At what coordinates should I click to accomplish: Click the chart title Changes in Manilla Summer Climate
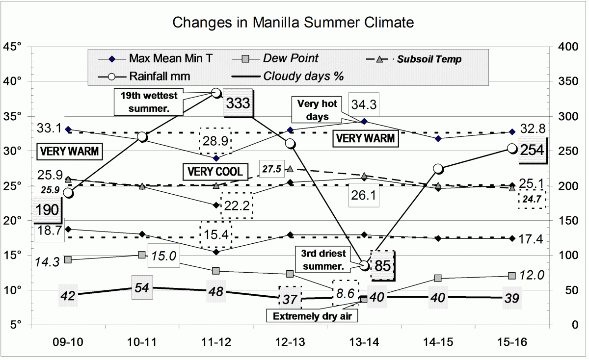click(294, 23)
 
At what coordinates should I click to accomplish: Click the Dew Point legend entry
click(291, 58)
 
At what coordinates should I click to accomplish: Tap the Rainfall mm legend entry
click(160, 77)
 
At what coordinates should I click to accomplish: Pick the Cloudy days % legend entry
click(303, 77)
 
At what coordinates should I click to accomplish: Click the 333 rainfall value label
click(238, 103)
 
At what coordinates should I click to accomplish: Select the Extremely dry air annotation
click(312, 316)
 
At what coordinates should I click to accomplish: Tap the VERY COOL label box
click(213, 172)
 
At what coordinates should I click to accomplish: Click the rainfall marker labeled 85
click(364, 265)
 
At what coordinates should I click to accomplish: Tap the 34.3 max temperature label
click(365, 104)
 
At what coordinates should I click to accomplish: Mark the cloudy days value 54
click(142, 288)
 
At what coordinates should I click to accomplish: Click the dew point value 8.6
click(346, 294)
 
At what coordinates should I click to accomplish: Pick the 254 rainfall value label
click(532, 151)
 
